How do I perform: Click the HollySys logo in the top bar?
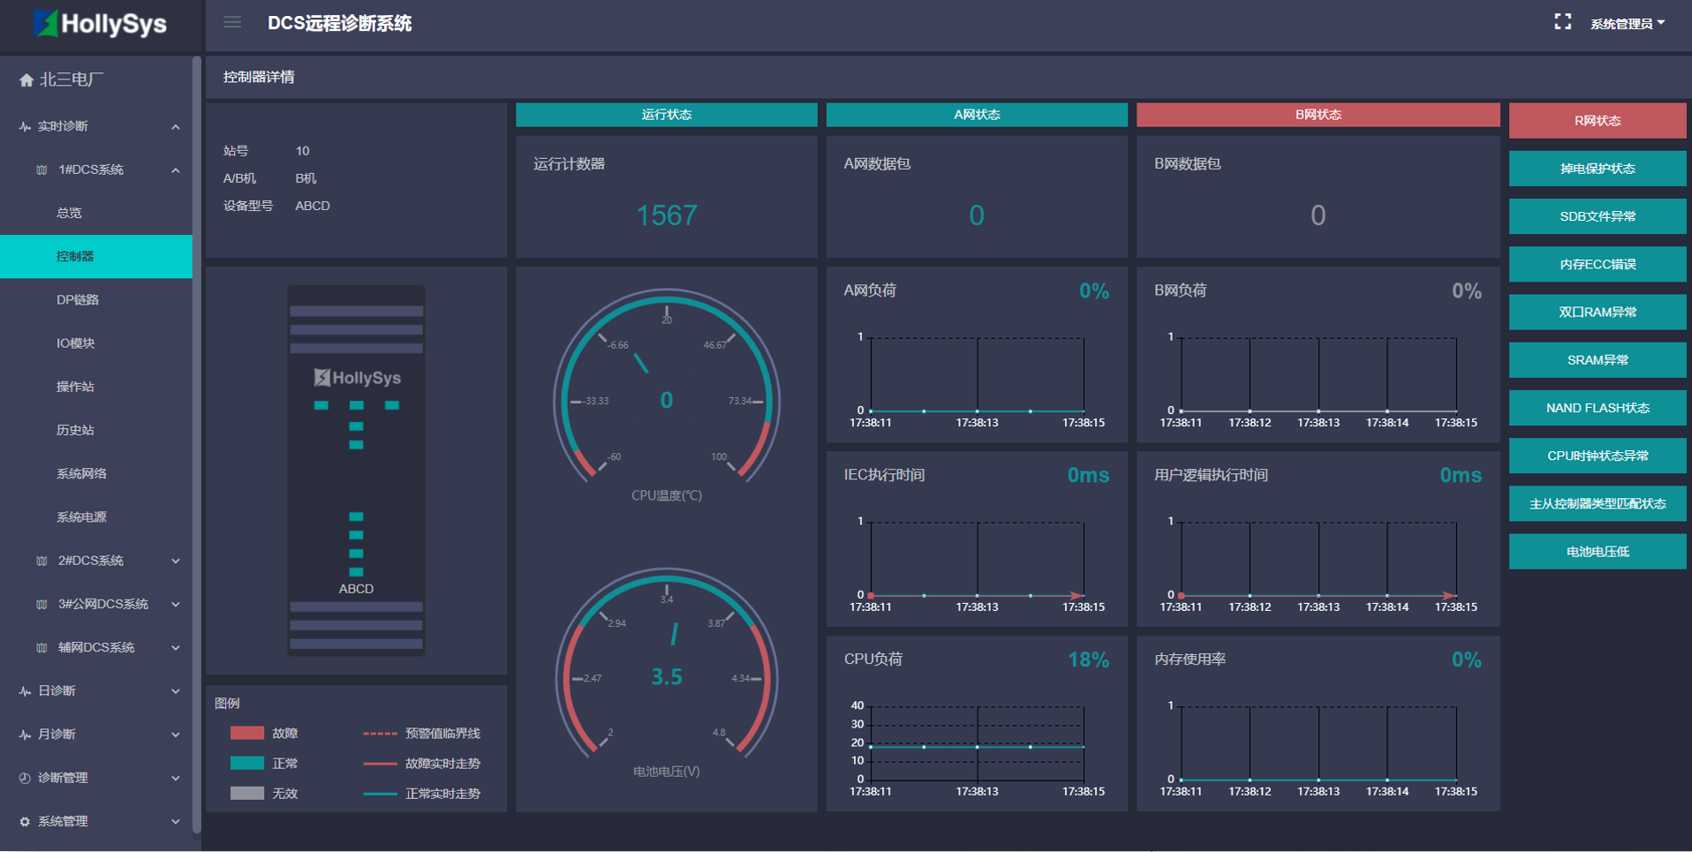(x=100, y=24)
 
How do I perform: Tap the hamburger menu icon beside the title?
(x=232, y=22)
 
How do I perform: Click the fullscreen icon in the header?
(x=1562, y=22)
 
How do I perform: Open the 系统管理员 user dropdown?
(x=1627, y=24)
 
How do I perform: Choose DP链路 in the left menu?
(x=78, y=299)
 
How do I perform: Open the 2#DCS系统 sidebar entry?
(x=91, y=561)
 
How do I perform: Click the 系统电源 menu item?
(x=81, y=517)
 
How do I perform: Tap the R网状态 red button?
(x=1597, y=121)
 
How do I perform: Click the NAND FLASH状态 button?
(x=1597, y=408)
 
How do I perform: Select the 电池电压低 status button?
(x=1597, y=552)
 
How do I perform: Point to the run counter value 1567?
(x=667, y=215)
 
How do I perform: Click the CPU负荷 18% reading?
(x=1088, y=660)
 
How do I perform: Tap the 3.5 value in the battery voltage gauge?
(x=667, y=677)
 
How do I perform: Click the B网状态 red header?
(x=1318, y=115)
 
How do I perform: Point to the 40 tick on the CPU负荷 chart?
(x=857, y=705)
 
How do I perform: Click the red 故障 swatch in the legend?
(x=247, y=733)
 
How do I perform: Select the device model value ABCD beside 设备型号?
(x=313, y=206)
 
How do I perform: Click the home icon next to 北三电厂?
(x=26, y=80)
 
